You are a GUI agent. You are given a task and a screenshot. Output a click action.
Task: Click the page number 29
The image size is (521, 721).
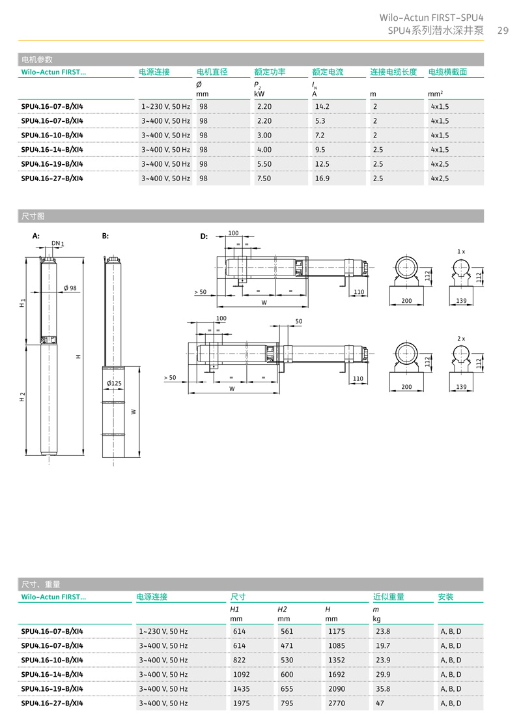coord(502,30)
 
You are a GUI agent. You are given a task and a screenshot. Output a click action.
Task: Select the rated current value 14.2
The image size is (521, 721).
coord(322,106)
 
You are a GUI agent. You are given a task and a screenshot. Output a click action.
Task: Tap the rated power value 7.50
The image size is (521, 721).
coord(264,178)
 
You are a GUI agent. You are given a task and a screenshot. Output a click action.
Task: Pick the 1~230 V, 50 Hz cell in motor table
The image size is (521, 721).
coord(165,106)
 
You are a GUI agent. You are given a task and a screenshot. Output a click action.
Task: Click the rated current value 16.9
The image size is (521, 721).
coord(322,178)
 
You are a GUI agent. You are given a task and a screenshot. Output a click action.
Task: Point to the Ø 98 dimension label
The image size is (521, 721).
coord(70,288)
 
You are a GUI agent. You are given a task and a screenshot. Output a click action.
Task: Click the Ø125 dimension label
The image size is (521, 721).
coord(114,384)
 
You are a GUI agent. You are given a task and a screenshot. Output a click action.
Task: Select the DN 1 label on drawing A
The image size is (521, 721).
coord(57,243)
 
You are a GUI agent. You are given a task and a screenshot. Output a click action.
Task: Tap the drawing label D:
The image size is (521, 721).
coord(204,236)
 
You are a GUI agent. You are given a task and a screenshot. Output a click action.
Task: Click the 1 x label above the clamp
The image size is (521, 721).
coord(461,251)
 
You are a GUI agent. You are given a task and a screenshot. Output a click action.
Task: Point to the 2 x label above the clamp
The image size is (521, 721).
coord(461,339)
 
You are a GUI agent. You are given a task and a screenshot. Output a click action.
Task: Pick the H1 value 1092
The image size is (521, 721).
coord(241,674)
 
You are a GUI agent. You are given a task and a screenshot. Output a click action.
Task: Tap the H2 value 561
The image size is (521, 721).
coord(287,631)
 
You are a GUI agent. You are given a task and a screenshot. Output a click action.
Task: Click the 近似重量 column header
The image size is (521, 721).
coord(388,597)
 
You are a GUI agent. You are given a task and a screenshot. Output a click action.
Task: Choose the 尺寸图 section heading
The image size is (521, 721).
coord(32,216)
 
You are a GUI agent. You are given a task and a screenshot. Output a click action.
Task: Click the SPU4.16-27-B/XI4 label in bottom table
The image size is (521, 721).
coord(52,703)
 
